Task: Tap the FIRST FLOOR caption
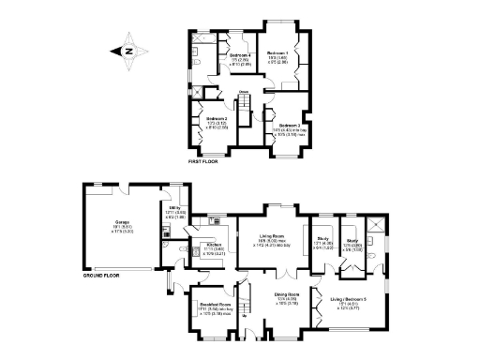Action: point(203,161)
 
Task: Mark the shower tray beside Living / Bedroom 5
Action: point(374,224)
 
